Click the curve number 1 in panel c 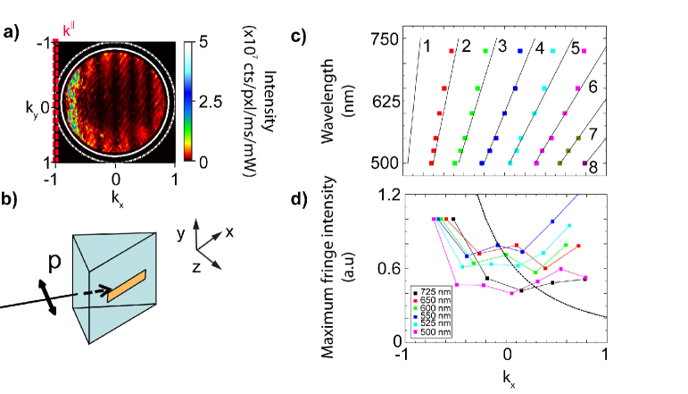[427, 46]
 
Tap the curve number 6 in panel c [592, 89]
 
